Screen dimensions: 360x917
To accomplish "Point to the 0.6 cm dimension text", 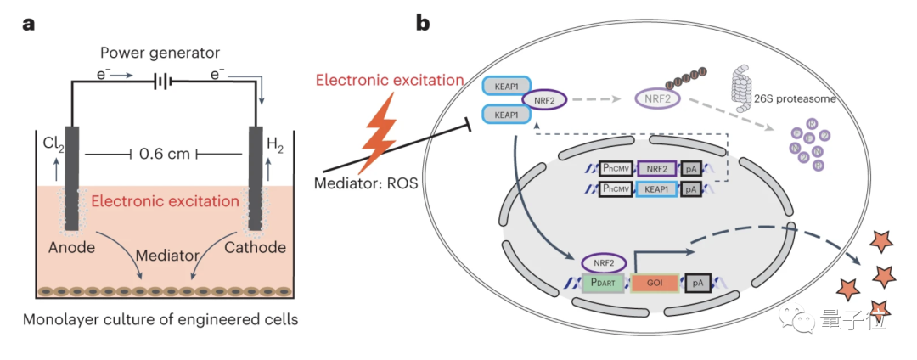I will point(163,154).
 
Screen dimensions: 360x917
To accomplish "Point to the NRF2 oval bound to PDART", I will point(603,262).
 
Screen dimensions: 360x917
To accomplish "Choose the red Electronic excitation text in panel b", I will point(390,82).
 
